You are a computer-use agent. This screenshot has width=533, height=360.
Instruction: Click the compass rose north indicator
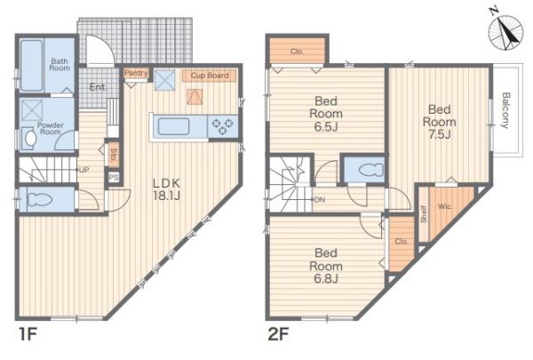[505, 30]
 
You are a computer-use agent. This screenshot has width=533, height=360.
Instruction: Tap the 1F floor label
[28, 334]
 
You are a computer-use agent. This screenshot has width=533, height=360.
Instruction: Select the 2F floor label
[278, 334]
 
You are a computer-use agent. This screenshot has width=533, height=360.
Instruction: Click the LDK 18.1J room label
[166, 189]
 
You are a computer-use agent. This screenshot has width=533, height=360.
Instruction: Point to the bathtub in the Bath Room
[31, 66]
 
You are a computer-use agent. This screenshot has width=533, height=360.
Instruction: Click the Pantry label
[136, 73]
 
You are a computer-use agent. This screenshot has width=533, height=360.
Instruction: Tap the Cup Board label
[210, 76]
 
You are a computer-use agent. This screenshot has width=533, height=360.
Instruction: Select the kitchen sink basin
[173, 126]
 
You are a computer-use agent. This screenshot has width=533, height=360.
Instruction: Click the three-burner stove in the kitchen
[222, 126]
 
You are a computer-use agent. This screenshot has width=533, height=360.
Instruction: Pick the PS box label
[114, 178]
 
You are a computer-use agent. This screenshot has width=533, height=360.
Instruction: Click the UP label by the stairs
[84, 170]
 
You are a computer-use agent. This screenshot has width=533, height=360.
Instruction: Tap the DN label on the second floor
[319, 200]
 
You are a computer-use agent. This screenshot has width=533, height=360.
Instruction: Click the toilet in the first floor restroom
[39, 200]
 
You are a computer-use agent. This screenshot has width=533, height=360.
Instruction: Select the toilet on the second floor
[371, 170]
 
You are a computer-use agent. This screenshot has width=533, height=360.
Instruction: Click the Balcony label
[505, 110]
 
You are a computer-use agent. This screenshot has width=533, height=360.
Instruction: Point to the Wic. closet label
[445, 206]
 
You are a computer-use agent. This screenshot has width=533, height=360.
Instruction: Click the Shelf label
[424, 214]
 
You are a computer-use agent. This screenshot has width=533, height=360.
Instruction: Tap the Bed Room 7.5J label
[440, 122]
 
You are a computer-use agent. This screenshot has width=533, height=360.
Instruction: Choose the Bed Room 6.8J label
[326, 266]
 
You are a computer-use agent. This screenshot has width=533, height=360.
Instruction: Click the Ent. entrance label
[98, 87]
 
